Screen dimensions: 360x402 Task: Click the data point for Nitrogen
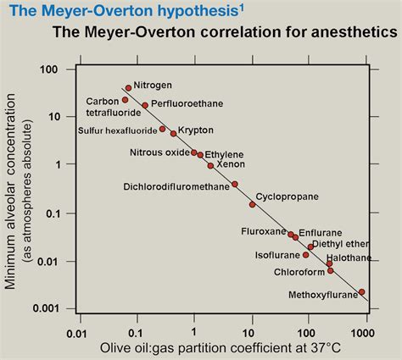(128, 87)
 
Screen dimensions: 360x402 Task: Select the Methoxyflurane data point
(362, 291)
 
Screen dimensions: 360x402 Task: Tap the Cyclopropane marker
(252, 204)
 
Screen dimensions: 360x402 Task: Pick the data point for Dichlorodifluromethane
(235, 184)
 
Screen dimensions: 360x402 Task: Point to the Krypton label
(196, 130)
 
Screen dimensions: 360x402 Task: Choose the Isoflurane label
(277, 254)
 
